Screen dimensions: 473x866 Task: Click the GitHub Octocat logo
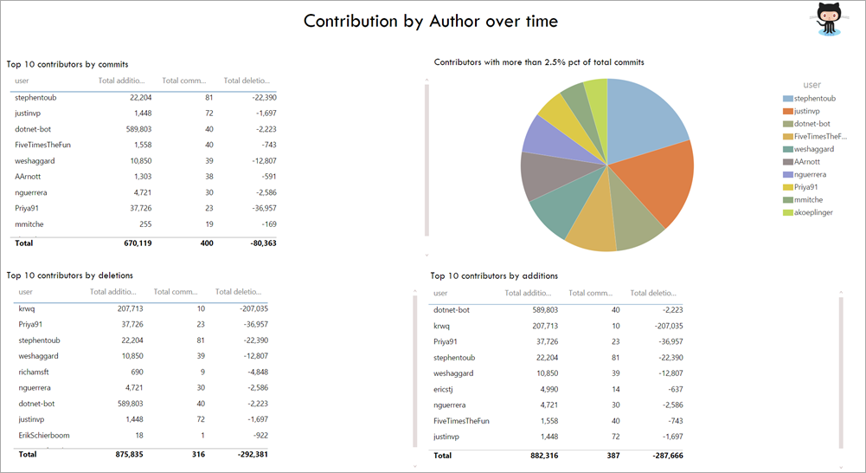[829, 19]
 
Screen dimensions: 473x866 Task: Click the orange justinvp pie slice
[663, 182]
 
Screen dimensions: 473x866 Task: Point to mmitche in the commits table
[29, 224]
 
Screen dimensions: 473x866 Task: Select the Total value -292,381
[247, 453]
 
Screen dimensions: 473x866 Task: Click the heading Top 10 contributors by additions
[494, 275]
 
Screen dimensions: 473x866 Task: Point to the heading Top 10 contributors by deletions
[69, 275]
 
